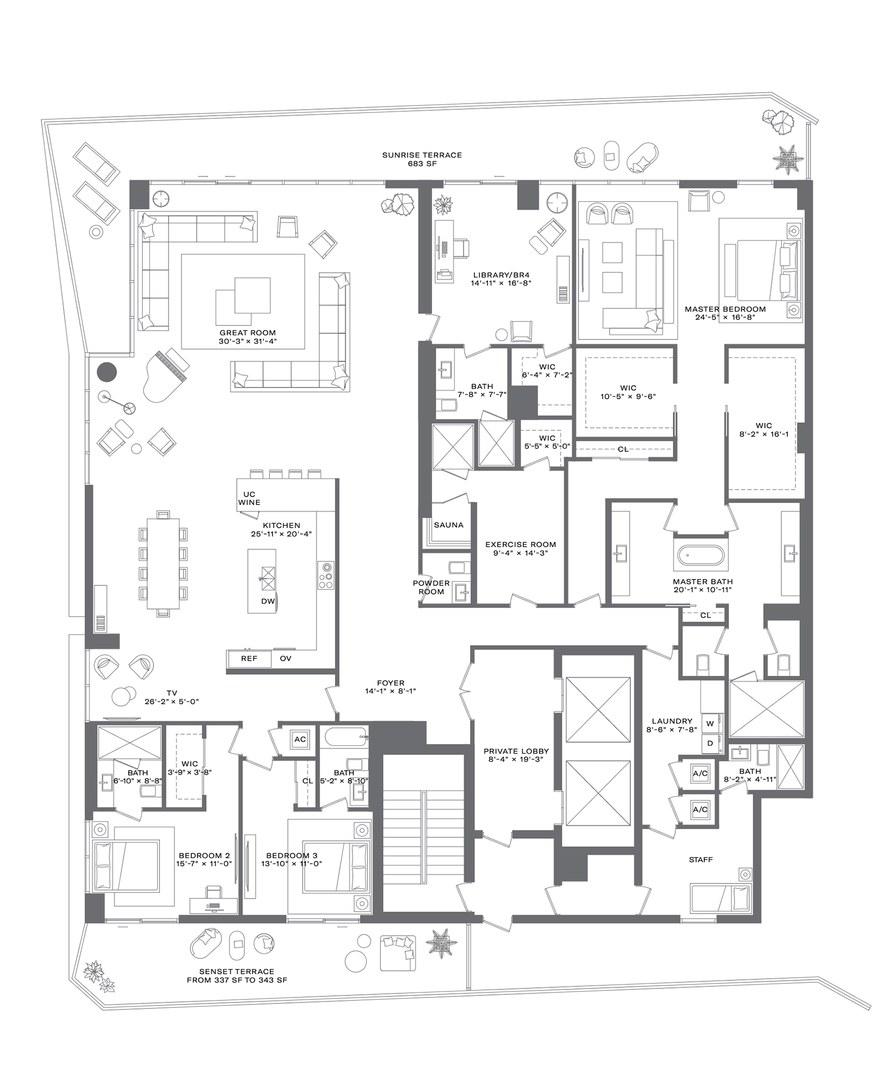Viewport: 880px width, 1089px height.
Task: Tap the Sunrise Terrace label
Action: point(422,155)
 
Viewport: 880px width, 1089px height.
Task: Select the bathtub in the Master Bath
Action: point(700,555)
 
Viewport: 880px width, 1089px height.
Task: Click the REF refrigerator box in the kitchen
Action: point(249,659)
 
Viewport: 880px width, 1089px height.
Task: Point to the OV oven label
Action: point(285,659)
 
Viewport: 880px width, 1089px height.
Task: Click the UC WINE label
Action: point(249,498)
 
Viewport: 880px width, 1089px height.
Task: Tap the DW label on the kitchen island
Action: point(268,601)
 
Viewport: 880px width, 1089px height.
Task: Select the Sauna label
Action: point(448,525)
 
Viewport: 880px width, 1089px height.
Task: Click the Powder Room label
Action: point(431,587)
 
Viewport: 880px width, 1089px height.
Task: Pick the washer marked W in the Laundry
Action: point(710,724)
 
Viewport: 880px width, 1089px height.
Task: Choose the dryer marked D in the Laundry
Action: point(710,743)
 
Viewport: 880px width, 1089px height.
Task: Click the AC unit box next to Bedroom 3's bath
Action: point(300,739)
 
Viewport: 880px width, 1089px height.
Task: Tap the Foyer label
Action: point(390,683)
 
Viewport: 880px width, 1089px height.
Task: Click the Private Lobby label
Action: point(516,751)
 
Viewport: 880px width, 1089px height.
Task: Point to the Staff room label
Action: point(701,860)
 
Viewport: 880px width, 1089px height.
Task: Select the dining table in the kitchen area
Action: point(163,563)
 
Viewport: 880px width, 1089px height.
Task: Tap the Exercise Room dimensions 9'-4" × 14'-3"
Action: point(520,553)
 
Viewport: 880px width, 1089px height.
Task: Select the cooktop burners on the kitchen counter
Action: point(325,575)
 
